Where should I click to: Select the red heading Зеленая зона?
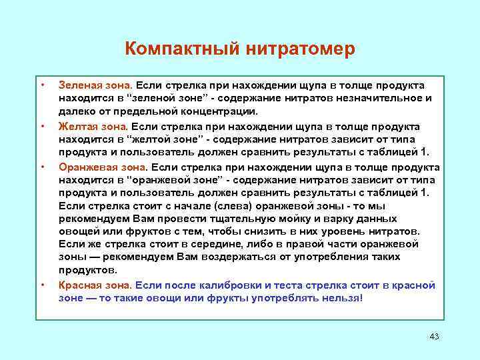[x=95, y=86]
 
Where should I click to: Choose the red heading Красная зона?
[x=94, y=285]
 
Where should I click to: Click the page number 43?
[x=435, y=335]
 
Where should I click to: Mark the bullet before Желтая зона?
[x=42, y=126]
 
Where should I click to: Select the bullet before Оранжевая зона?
[x=42, y=166]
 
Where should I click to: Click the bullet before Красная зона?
[x=42, y=285]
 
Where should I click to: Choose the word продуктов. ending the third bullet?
[x=87, y=270]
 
